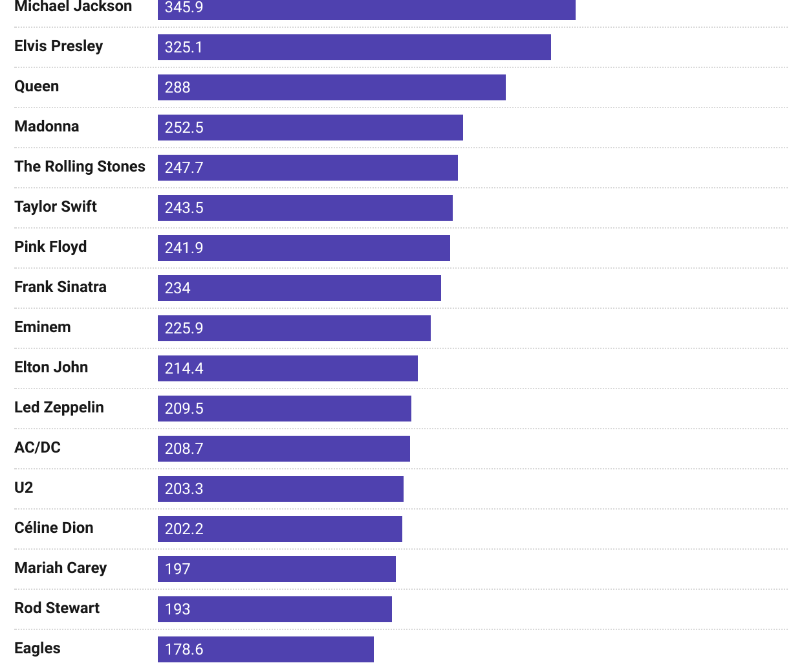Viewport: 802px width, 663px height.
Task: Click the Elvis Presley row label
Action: point(59,47)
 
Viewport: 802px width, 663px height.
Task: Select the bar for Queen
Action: point(332,87)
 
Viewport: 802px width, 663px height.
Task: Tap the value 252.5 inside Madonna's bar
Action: point(184,128)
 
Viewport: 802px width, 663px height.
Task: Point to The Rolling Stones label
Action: point(80,167)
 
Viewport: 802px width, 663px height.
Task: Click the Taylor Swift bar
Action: point(305,208)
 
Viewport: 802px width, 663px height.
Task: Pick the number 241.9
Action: point(184,248)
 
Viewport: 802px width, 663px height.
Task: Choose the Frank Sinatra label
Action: point(61,287)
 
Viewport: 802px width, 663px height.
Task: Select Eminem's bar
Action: point(294,328)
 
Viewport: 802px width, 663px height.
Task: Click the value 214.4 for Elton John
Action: point(184,368)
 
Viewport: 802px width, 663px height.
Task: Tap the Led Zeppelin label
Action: point(60,408)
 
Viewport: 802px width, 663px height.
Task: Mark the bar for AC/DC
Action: point(284,449)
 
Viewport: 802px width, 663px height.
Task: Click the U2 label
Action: point(24,488)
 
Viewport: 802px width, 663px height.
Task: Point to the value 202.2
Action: point(184,529)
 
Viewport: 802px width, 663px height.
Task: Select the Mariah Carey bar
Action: point(277,569)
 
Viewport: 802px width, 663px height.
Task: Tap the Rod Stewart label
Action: point(58,609)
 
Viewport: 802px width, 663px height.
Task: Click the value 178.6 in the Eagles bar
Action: point(184,649)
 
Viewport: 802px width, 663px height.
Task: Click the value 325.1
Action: point(184,47)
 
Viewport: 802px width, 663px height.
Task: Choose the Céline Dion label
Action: point(54,528)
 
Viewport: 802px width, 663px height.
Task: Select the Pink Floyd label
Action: point(51,247)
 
